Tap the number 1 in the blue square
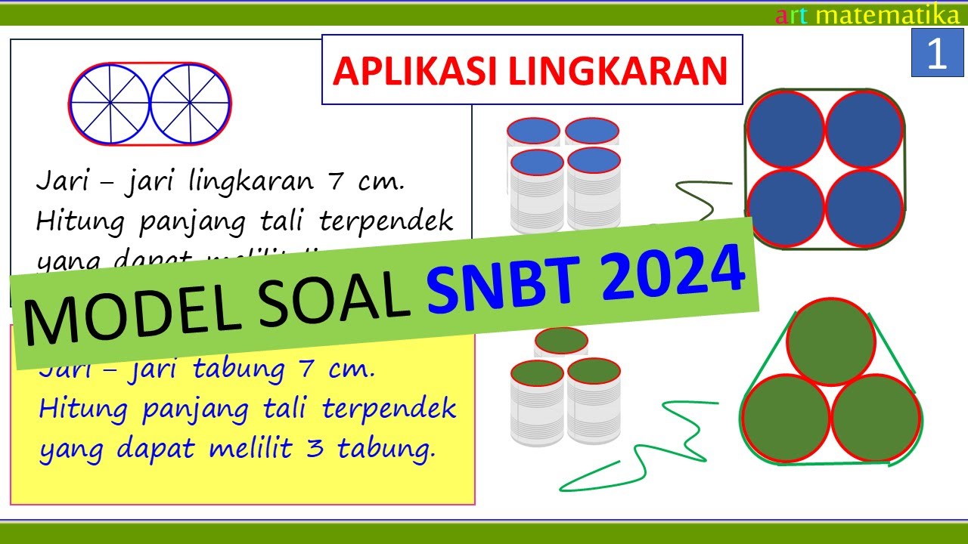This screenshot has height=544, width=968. click(936, 54)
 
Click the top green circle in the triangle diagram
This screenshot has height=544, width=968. click(830, 342)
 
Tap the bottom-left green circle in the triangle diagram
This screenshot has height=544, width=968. click(786, 418)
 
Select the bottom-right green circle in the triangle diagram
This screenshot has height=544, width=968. click(876, 418)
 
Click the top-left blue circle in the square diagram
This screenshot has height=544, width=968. click(785, 129)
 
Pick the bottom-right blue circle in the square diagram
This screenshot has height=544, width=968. click(864, 209)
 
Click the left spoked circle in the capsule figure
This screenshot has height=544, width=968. click(110, 103)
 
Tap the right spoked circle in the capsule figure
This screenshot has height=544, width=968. click(190, 103)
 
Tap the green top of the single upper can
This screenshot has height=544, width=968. click(560, 340)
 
